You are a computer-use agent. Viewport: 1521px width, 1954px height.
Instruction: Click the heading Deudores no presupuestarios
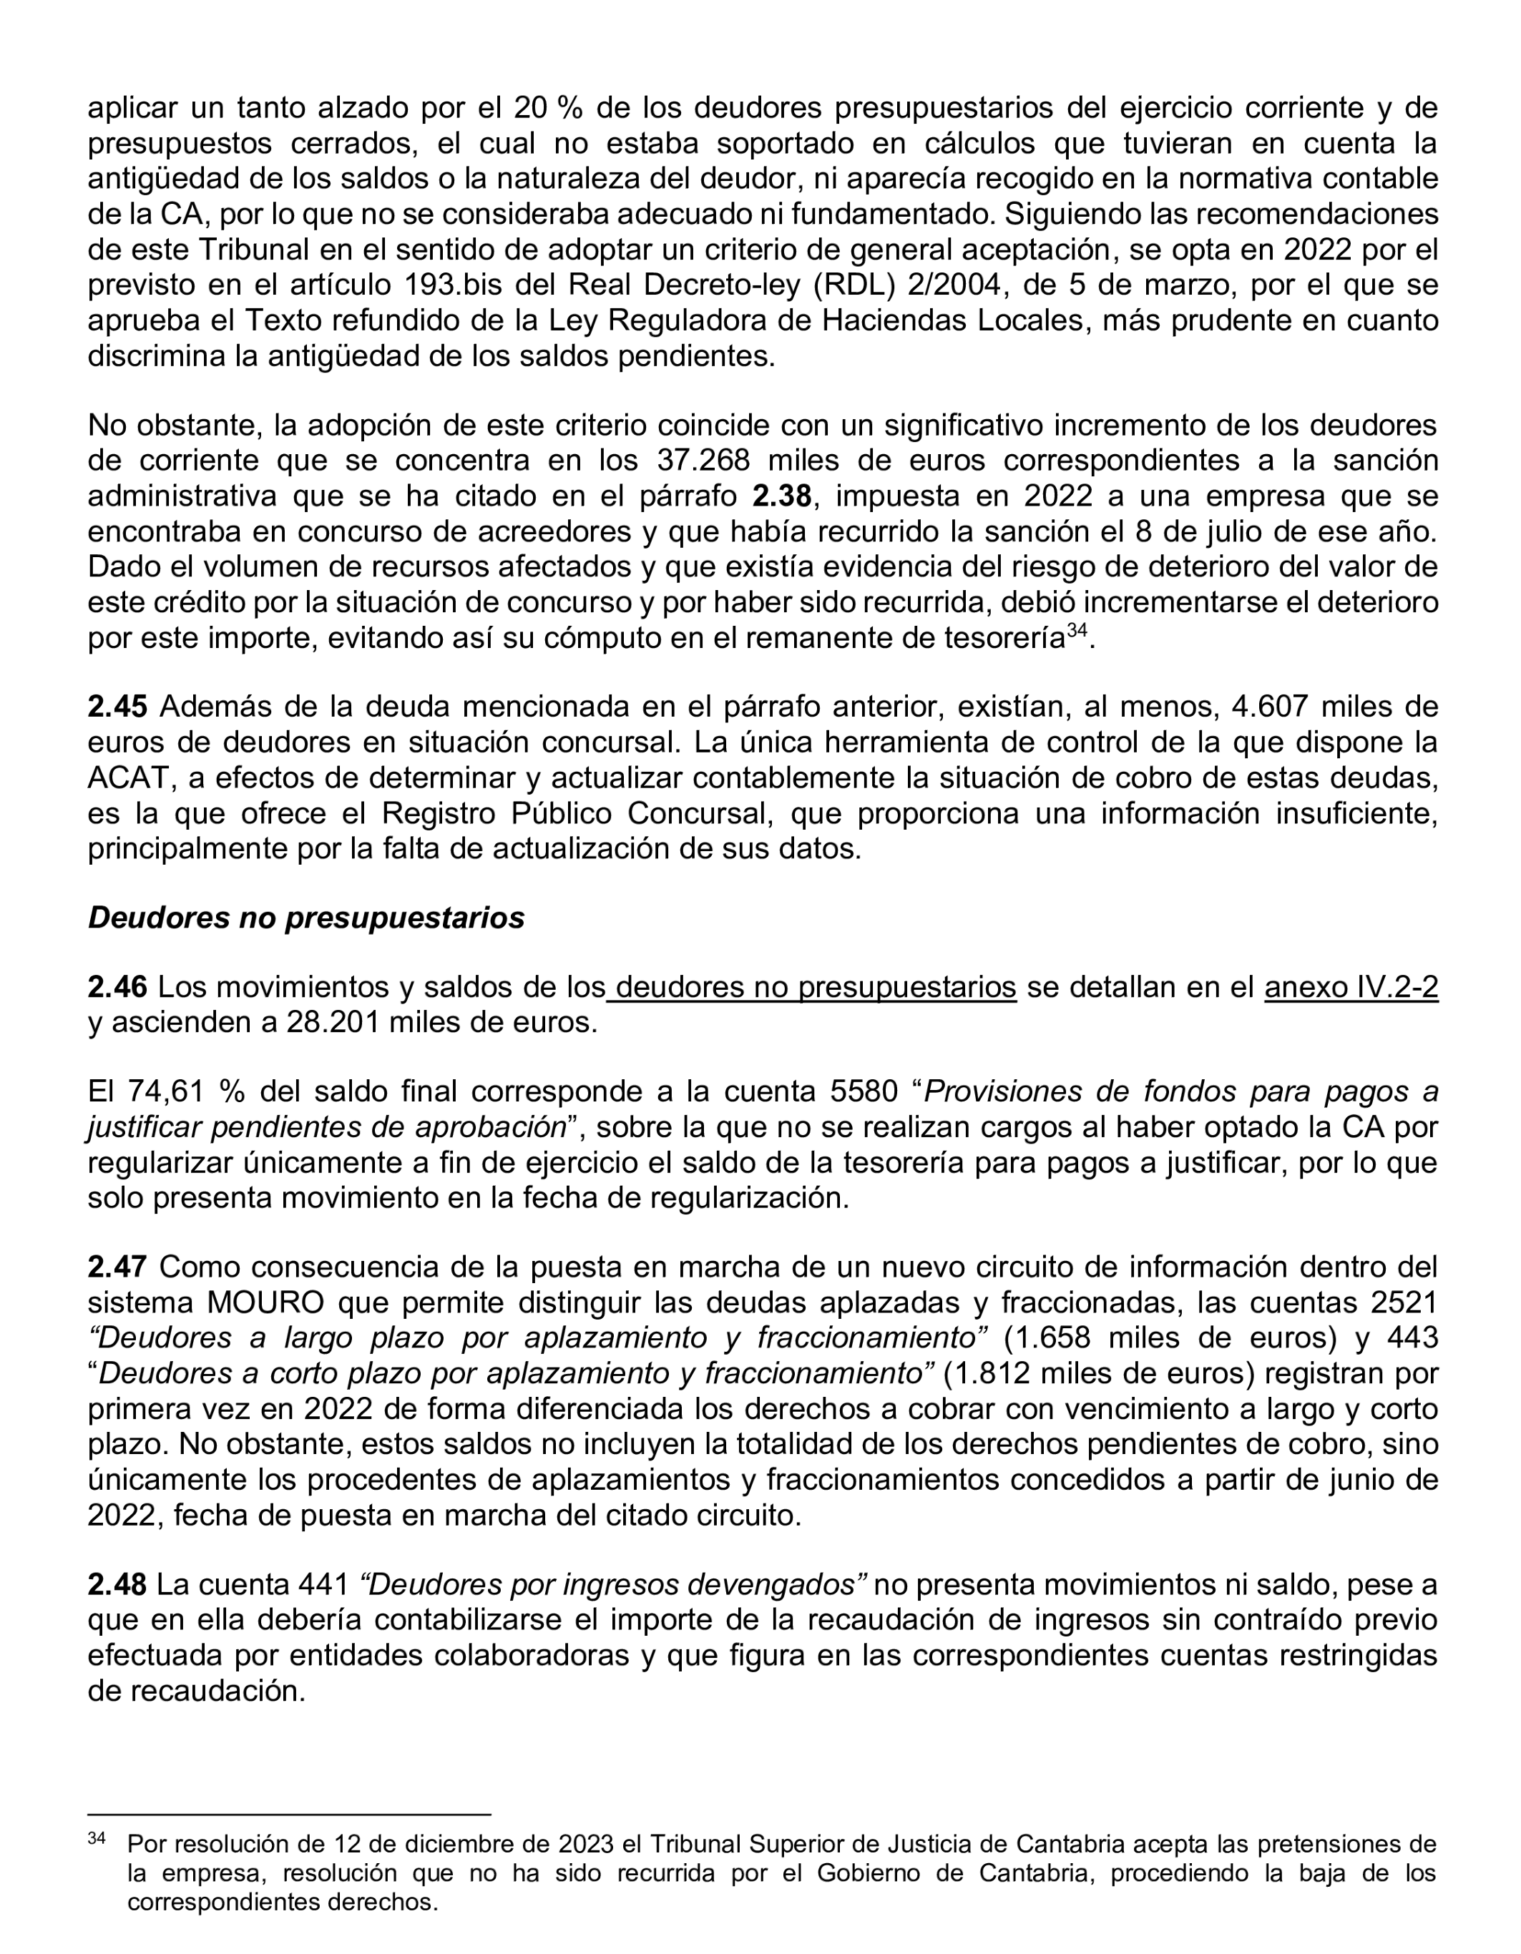tap(306, 918)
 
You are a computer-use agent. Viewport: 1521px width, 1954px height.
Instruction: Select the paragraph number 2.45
tap(117, 707)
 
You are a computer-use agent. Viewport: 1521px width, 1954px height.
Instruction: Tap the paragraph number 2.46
tap(117, 987)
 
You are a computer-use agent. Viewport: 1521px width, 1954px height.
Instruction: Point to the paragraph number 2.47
tap(117, 1267)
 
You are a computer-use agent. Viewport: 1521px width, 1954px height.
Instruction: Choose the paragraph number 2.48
tap(117, 1584)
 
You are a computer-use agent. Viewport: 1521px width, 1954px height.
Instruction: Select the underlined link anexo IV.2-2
tap(1351, 987)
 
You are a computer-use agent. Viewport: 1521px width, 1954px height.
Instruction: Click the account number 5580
tap(864, 1091)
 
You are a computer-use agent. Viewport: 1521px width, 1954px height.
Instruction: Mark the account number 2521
tap(1404, 1302)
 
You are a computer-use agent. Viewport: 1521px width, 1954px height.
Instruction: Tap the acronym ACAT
tap(127, 777)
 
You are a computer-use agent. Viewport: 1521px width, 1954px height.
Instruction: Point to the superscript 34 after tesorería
tap(1076, 631)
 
